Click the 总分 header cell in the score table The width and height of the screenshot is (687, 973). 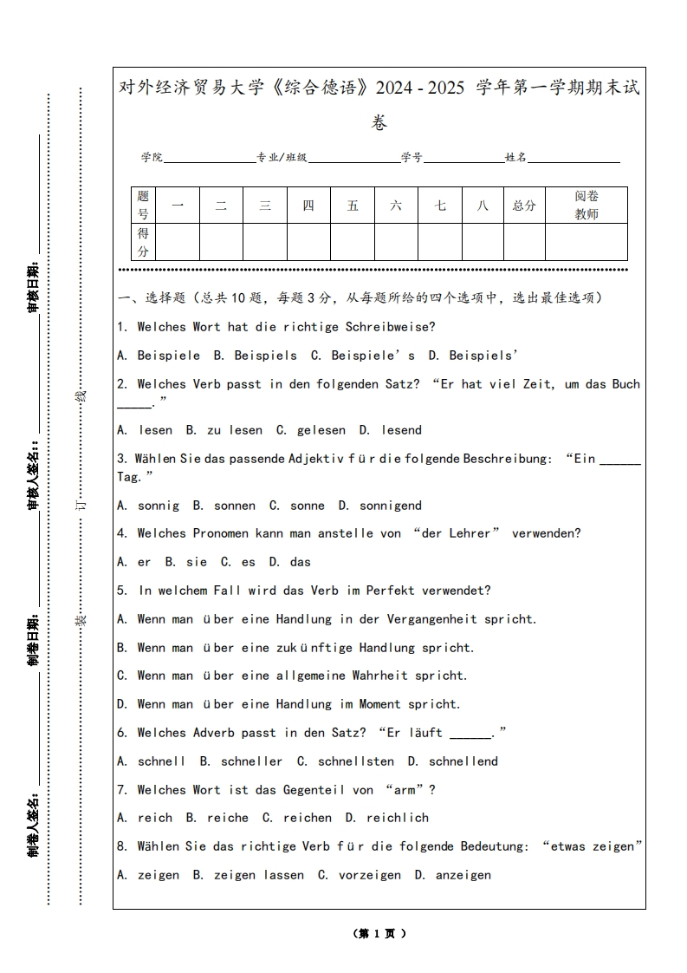pos(524,206)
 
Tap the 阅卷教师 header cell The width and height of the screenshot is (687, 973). pos(587,206)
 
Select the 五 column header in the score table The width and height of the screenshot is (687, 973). pos(353,206)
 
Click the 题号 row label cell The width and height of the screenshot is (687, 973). pos(143,206)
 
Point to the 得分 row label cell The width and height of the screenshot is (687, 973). pos(143,242)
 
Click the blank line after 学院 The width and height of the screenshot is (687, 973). pos(209,159)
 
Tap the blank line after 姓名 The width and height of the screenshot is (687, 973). pos(574,159)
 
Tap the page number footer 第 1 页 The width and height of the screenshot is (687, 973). pos(379,933)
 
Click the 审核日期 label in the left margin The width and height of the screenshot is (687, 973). pos(33,286)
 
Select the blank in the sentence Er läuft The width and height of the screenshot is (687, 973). pos(470,734)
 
